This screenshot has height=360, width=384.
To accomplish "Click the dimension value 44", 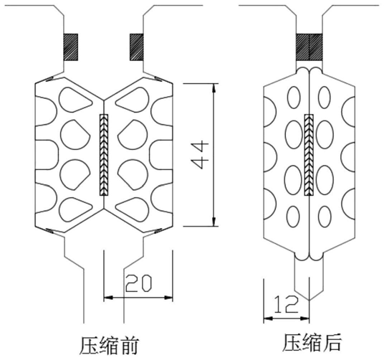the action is point(200,154).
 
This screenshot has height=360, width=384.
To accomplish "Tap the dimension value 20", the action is point(138,283).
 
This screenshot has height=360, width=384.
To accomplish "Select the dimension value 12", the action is point(287,304).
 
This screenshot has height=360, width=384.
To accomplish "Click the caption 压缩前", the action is point(109,346).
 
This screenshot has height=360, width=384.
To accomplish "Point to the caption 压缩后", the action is point(312,342).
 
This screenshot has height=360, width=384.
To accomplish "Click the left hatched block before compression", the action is point(71,47).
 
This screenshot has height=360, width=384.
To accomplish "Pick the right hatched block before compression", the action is point(136,47).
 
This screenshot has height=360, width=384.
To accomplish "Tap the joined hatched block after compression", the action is point(309,47).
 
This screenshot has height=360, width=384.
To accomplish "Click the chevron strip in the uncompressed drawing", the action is point(104,155).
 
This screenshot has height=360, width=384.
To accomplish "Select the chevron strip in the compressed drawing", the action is point(309,155).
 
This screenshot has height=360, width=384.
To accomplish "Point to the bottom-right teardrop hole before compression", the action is point(133,210).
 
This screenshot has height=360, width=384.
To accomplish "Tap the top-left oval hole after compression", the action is point(294,98).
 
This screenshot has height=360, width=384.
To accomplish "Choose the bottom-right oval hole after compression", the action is point(325,217).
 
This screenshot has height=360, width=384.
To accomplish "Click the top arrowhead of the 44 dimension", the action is point(214,88).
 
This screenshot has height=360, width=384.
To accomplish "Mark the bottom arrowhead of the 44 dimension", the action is point(214,222).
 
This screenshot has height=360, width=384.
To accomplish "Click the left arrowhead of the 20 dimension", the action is point(108,298).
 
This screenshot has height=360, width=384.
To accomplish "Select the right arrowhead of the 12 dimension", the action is point(305,318).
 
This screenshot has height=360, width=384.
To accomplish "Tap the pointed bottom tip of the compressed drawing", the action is point(309,300).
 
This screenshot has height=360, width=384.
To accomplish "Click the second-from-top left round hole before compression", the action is point(75,135).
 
